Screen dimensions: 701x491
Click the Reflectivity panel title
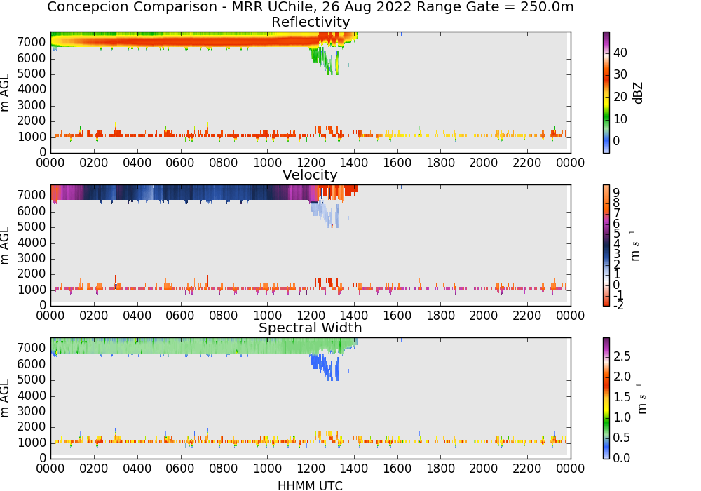pyautogui.click(x=311, y=22)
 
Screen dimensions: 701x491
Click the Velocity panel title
pyautogui.click(x=310, y=175)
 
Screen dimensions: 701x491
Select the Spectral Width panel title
pyautogui.click(x=311, y=328)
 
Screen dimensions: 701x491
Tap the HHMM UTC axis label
pyautogui.click(x=310, y=485)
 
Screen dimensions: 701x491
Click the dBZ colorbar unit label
pyautogui.click(x=638, y=93)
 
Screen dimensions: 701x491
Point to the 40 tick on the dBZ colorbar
pyautogui.click(x=620, y=53)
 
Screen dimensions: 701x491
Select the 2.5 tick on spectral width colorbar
pyautogui.click(x=622, y=356)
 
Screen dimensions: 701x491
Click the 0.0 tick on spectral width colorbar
pyautogui.click(x=622, y=458)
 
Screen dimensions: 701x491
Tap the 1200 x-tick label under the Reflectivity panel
pyautogui.click(x=311, y=163)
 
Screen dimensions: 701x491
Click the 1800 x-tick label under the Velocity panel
pyautogui.click(x=440, y=316)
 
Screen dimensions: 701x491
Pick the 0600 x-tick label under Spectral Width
pyautogui.click(x=180, y=469)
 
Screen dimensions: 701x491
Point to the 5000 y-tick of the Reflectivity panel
pyautogui.click(x=32, y=74)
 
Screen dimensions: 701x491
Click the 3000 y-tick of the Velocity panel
pyautogui.click(x=32, y=258)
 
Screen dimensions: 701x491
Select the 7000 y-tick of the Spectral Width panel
pyautogui.click(x=32, y=349)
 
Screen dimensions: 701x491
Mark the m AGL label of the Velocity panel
pyautogui.click(x=5, y=245)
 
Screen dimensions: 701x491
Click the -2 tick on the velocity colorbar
pyautogui.click(x=618, y=305)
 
